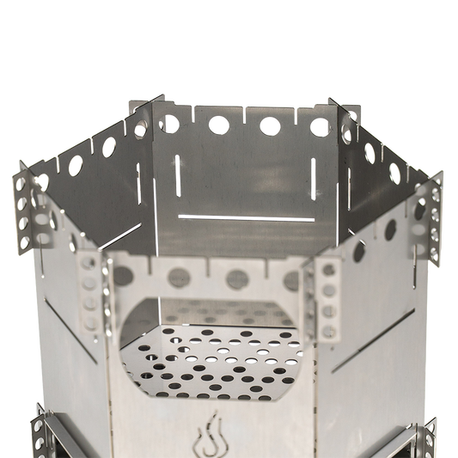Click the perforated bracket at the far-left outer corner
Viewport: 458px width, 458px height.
pos(27,206)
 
